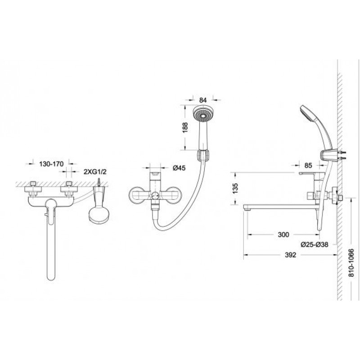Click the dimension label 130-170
tap(51, 164)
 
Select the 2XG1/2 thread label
tap(95, 171)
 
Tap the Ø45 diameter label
tap(179, 168)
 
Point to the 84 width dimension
tap(203, 100)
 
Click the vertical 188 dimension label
tap(185, 127)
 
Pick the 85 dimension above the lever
tap(308, 165)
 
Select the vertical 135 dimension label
tap(235, 188)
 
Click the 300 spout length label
tap(283, 234)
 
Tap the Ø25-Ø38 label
tap(315, 245)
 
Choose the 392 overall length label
tap(290, 255)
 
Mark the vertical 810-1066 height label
tap(351, 263)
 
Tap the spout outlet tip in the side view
tap(247, 209)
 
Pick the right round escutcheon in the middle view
tap(173, 195)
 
